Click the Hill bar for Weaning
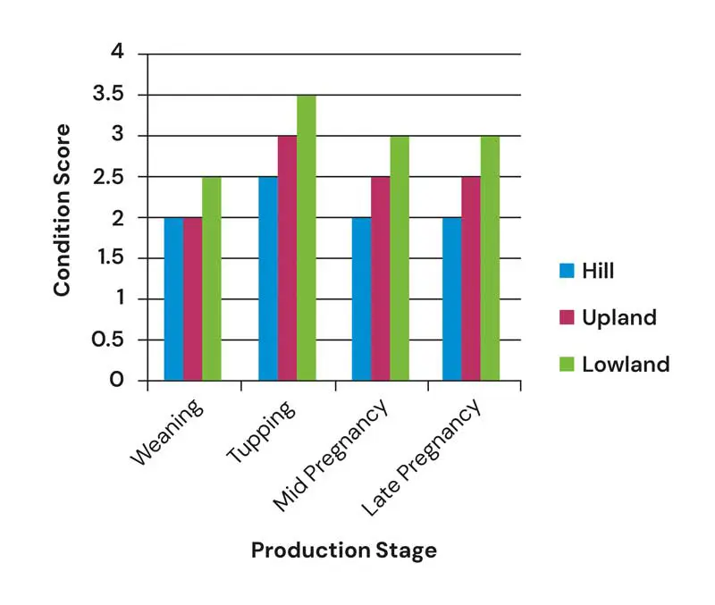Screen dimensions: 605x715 173,299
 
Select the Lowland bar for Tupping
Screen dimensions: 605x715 306,238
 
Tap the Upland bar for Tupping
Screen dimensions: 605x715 287,258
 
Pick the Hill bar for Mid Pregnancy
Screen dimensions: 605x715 361,299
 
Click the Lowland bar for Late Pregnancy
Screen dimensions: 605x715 490,258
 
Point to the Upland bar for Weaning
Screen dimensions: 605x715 192,299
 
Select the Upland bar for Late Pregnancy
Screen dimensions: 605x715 471,279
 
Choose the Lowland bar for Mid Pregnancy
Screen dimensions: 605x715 400,258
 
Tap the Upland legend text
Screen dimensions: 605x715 619,317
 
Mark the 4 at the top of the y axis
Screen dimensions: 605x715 117,54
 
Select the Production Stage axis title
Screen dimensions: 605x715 344,550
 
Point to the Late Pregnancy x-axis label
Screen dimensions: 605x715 422,458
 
